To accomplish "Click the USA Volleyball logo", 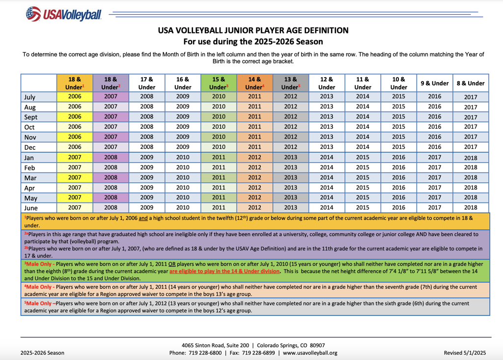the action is (x=64, y=14).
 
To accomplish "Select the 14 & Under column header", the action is (x=255, y=83).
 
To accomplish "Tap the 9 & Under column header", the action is (x=435, y=83).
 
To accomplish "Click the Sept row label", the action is (x=31, y=117).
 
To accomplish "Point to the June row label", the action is (x=31, y=208).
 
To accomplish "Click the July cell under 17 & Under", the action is (x=146, y=97).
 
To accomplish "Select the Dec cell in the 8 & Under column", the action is (x=471, y=147).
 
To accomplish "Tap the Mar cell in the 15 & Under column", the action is (x=219, y=177).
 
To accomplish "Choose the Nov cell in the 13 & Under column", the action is (x=291, y=137).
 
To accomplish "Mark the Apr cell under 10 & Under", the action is (x=399, y=188).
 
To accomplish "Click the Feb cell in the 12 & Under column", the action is (x=327, y=167).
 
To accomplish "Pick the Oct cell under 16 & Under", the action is (x=183, y=127).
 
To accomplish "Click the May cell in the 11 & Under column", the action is (x=363, y=197).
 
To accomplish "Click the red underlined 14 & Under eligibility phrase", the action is (x=224, y=271).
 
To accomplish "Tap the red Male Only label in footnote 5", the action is (x=39, y=303).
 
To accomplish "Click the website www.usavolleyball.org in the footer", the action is (x=310, y=353).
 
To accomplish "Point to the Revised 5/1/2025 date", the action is (x=465, y=353).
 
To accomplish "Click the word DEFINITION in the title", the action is (x=326, y=30).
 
